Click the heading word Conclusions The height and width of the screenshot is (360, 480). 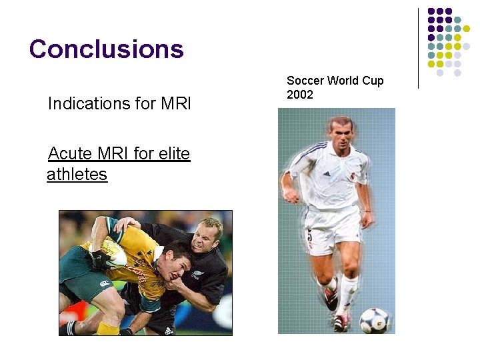pyautogui.click(x=106, y=49)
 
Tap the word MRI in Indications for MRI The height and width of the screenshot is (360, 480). pyautogui.click(x=176, y=104)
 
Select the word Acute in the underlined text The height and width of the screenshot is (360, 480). pyautogui.click(x=70, y=154)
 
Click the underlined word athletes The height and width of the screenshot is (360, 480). pyautogui.click(x=77, y=175)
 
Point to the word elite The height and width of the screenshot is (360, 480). pyautogui.click(x=174, y=154)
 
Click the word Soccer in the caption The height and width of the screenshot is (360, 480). pyautogui.click(x=305, y=81)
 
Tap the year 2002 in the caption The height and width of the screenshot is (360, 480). pyautogui.click(x=299, y=95)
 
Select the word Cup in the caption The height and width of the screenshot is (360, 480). pyautogui.click(x=371, y=81)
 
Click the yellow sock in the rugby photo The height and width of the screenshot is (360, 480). pyautogui.click(x=107, y=329)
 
